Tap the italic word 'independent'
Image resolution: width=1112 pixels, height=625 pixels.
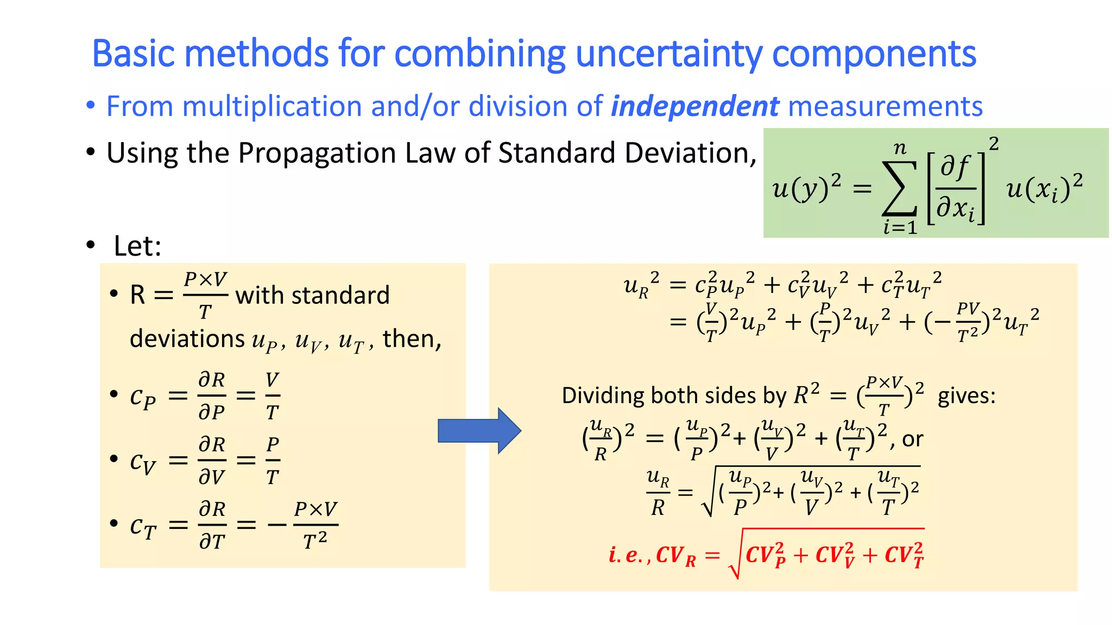click(x=695, y=106)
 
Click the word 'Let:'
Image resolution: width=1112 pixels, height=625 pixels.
click(x=137, y=246)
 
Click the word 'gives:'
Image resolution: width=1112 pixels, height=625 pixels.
click(x=966, y=396)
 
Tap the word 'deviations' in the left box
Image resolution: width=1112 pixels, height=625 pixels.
click(x=187, y=339)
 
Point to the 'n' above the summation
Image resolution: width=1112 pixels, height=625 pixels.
click(x=900, y=148)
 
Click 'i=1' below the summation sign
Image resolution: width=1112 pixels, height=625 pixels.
click(x=900, y=227)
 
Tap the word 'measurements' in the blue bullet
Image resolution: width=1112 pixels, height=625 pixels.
click(x=885, y=106)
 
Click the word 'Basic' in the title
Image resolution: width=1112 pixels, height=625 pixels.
click(x=133, y=54)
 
